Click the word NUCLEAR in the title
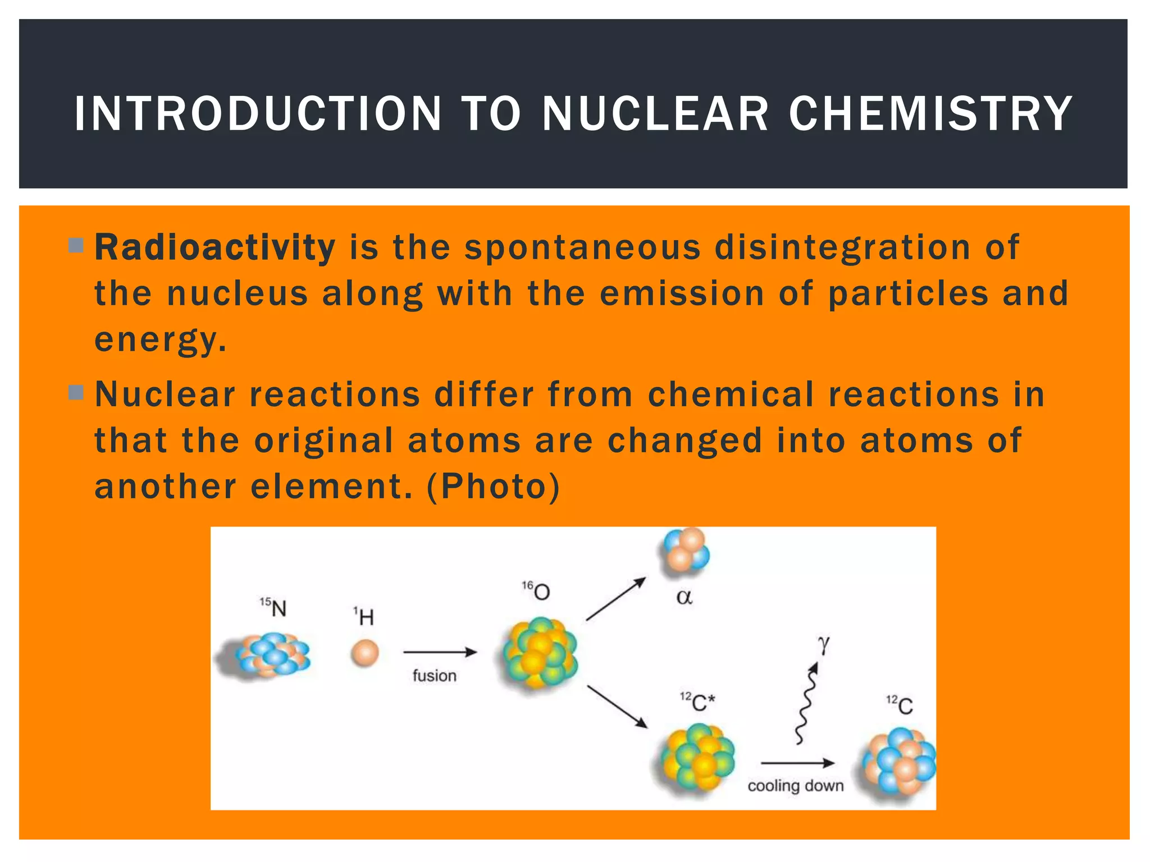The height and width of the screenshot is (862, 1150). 655,114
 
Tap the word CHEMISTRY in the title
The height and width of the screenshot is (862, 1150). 930,114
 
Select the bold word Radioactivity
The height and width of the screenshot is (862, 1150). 215,247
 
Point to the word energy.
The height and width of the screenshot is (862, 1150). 160,340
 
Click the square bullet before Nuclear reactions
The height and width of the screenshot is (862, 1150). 76,392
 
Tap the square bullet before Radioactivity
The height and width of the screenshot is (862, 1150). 76,245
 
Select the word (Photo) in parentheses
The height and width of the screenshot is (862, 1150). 493,486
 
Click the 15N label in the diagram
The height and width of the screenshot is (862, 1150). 273,607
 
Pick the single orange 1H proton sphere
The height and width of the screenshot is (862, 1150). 364,653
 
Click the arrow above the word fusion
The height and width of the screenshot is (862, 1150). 440,652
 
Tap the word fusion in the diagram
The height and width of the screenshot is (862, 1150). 434,676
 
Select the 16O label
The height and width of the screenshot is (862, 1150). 536,591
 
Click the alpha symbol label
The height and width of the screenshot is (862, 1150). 684,597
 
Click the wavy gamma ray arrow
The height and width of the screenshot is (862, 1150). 806,704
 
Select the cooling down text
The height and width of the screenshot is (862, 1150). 795,786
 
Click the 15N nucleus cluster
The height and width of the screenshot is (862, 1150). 270,655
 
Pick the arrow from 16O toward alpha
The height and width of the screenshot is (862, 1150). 615,599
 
